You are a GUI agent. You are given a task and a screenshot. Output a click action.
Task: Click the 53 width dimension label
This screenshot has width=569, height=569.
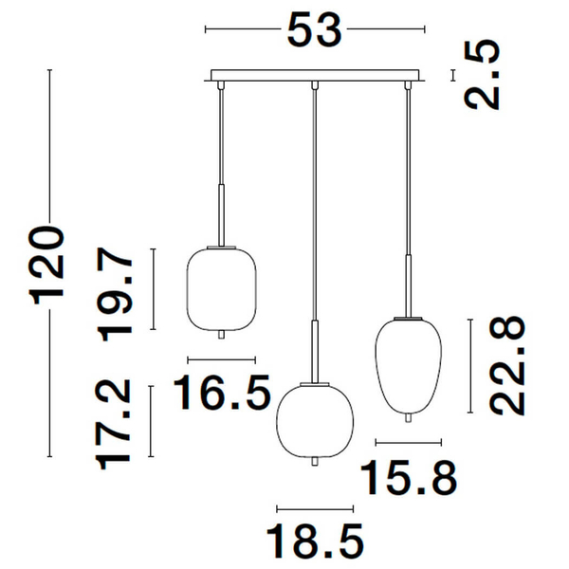click(x=314, y=29)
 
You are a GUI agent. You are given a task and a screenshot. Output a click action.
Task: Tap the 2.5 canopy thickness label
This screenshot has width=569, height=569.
click(x=483, y=74)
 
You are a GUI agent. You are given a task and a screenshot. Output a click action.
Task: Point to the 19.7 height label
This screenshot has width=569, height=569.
click(x=115, y=294)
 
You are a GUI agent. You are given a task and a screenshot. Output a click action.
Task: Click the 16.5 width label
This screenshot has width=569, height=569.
click(x=222, y=393)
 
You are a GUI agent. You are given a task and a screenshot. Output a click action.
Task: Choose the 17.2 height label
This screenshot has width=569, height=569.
click(x=113, y=424)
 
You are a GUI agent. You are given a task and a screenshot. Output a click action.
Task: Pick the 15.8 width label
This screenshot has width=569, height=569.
click(x=409, y=477)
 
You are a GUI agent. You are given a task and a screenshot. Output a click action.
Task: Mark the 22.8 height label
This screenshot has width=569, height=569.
click(x=507, y=365)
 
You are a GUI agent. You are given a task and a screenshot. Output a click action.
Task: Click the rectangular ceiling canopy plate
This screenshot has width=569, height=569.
click(x=315, y=76)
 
